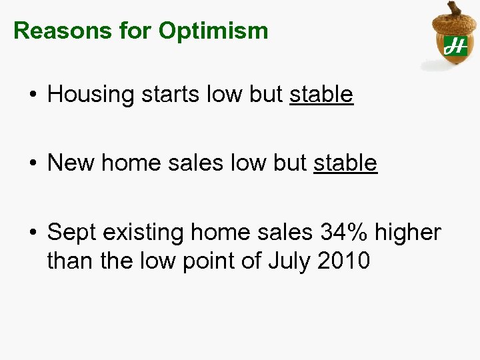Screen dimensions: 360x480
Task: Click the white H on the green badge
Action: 455,45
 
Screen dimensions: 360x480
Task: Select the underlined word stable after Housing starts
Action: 321,95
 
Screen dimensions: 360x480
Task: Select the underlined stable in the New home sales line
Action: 345,163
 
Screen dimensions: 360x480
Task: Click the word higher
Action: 408,233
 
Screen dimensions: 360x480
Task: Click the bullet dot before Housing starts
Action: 32,95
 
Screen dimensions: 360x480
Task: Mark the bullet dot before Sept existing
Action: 32,233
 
